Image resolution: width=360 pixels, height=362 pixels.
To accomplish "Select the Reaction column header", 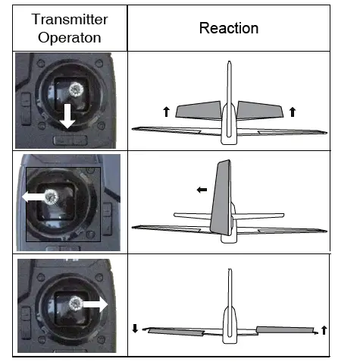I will pos(229,29).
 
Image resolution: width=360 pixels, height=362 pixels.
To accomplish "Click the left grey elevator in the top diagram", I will pos(198,111).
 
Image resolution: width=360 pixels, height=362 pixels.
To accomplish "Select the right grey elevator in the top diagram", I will pos(260,111).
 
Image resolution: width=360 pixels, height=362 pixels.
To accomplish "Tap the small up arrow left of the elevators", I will pos(166,112).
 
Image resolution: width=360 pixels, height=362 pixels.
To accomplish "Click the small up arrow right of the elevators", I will pos(293,112).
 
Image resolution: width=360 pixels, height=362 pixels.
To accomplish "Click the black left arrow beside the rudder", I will pos(202,190).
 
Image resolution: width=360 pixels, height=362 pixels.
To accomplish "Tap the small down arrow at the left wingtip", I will pos(136,328).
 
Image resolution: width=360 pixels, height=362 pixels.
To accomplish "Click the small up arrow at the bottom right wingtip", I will pos(324,329).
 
